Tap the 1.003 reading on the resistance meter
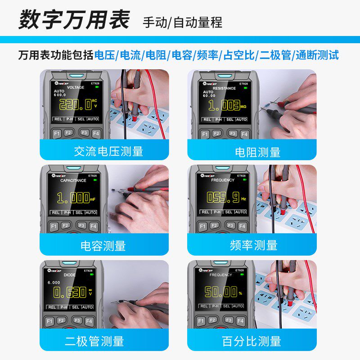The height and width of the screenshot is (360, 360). pyautogui.click(x=224, y=106)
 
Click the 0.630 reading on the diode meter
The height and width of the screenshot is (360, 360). pyautogui.click(x=70, y=292)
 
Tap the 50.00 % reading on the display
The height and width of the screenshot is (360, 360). pyautogui.click(x=220, y=292)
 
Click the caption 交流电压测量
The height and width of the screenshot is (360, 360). pyautogui.click(x=108, y=151)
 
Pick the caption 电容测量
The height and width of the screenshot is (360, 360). pyautogui.click(x=103, y=246)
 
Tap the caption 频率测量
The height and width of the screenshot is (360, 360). pyautogui.click(x=253, y=245)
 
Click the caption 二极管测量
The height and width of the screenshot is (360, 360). pyautogui.click(x=94, y=341)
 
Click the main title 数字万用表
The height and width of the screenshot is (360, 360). pyautogui.click(x=74, y=20)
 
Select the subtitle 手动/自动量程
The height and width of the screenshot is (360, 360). pyautogui.click(x=183, y=22)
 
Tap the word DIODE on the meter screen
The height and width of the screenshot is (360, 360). pyautogui.click(x=69, y=274)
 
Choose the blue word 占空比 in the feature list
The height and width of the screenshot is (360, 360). pyautogui.click(x=237, y=55)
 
